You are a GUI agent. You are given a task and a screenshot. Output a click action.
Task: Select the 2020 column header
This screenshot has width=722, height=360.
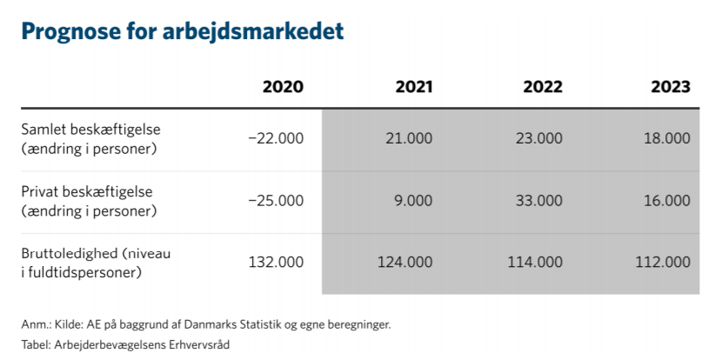click(284, 87)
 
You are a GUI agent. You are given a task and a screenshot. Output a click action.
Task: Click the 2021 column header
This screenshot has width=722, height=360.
click(413, 87)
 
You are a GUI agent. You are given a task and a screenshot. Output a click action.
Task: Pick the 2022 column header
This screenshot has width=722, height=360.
click(543, 87)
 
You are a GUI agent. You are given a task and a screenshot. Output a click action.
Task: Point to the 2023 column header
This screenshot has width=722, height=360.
click(671, 87)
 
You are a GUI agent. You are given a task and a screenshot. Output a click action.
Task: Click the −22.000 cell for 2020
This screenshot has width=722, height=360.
click(276, 138)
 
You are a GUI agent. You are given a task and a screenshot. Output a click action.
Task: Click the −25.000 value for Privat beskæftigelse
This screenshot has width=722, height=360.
click(276, 201)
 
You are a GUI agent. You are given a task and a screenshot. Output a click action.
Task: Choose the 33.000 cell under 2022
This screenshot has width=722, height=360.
click(536, 201)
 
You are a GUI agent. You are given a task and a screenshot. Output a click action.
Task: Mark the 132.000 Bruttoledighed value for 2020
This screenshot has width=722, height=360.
click(277, 263)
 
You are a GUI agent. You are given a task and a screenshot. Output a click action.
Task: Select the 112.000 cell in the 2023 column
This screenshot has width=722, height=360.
click(664, 263)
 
